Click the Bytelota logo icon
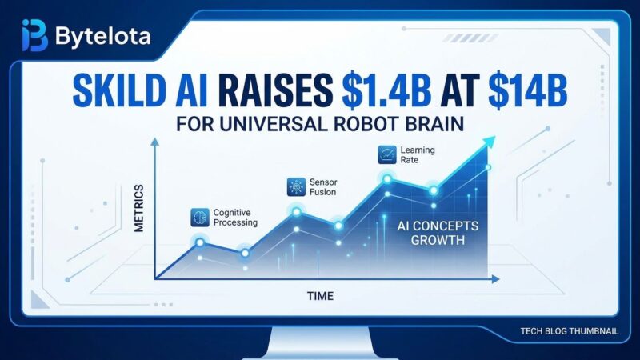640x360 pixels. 34,36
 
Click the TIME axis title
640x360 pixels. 320,296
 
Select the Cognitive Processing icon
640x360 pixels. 199,217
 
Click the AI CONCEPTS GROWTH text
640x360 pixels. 438,232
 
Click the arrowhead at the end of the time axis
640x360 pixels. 496,278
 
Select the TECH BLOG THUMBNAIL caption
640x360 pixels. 569,330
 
